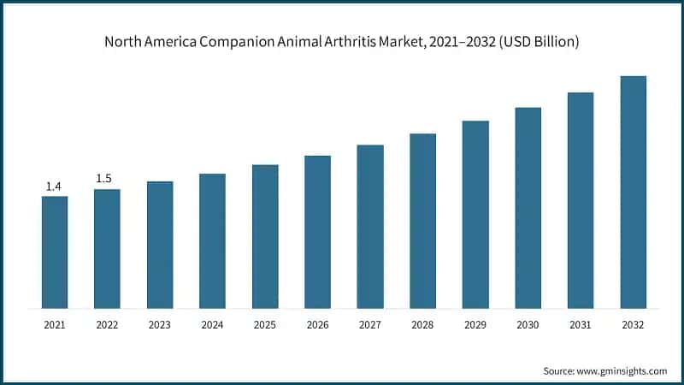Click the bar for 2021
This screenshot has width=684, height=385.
[x=55, y=252]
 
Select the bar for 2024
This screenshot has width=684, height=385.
[x=213, y=240]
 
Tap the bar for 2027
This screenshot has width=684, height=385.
[x=370, y=226]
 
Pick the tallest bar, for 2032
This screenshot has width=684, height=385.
[x=633, y=192]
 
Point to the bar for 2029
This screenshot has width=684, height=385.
[x=475, y=214]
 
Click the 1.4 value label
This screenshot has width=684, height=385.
[x=54, y=187]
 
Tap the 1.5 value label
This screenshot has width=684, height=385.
[x=103, y=179]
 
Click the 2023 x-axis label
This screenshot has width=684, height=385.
[x=160, y=325]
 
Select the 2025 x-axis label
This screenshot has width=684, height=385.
[x=265, y=325]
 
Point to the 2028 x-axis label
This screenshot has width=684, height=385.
[x=422, y=325]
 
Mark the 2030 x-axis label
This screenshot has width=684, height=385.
[x=528, y=325]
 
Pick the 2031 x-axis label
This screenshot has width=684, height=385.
[x=581, y=325]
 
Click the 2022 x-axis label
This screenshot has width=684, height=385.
[x=107, y=325]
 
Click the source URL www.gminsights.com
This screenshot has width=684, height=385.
[x=622, y=370]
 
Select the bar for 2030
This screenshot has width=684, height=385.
[x=528, y=207]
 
